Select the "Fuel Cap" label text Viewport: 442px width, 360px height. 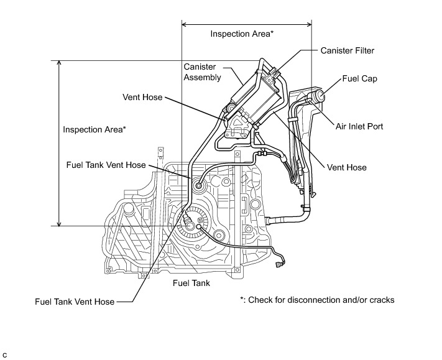click(x=360, y=80)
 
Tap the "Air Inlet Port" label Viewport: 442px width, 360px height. click(x=359, y=126)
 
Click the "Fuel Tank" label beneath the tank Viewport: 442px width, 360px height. click(x=191, y=283)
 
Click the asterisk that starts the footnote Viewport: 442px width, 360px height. click(x=242, y=299)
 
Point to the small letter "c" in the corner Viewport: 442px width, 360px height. click(x=5, y=354)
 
